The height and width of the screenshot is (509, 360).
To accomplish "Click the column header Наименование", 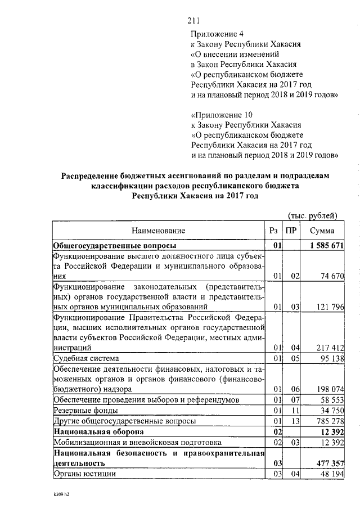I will (158, 231).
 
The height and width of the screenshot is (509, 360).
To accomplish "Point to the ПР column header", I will (291, 231).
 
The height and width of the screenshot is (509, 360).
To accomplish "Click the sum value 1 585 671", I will (326, 246).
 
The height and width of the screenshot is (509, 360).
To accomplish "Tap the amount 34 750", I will (330, 410).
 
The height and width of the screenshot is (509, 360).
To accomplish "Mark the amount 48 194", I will (330, 474).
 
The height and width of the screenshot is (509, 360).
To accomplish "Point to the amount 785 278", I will (328, 421).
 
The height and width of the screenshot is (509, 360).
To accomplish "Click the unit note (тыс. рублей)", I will (312, 215).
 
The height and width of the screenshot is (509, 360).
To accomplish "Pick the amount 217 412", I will (328, 348).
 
